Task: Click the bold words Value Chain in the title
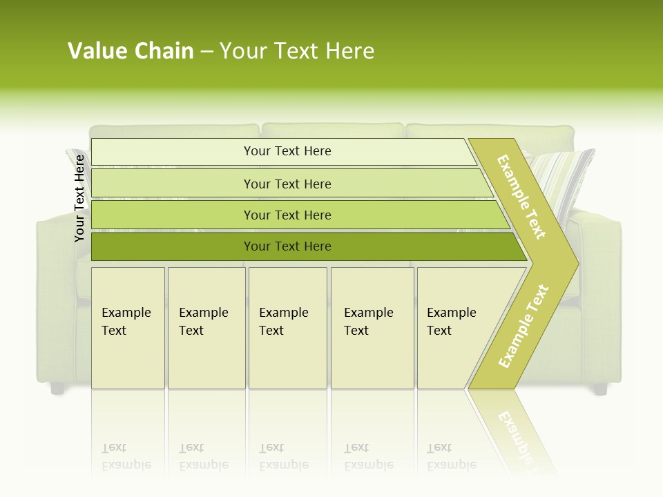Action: pos(131,51)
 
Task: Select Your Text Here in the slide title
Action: pos(297,51)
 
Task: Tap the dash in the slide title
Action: pos(206,52)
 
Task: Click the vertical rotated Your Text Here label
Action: pos(79,198)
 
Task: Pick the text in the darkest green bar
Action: pos(287,246)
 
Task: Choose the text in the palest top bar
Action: pos(287,151)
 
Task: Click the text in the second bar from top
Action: pos(287,184)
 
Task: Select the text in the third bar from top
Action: pos(287,215)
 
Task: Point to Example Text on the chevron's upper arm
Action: pos(521,197)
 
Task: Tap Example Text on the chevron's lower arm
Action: pos(523,326)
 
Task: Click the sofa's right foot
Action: pos(600,389)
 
